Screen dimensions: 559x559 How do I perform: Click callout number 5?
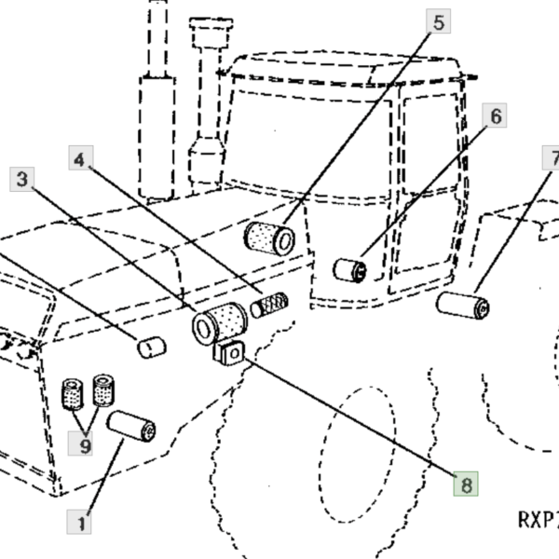click(438, 21)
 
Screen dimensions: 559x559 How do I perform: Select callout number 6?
click(495, 116)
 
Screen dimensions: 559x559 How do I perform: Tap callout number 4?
click(81, 157)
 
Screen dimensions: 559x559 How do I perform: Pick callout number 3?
click(22, 179)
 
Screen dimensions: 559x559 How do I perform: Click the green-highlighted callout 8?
click(466, 484)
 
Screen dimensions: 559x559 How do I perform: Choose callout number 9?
click(80, 443)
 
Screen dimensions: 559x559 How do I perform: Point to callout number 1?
click(79, 522)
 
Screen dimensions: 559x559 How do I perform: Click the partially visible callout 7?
click(551, 157)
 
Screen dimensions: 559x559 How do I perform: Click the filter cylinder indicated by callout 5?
click(269, 239)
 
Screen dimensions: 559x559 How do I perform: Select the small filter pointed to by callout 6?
click(350, 270)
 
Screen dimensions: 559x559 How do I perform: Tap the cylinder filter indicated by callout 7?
click(463, 306)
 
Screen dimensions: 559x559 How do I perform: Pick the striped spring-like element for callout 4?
click(269, 306)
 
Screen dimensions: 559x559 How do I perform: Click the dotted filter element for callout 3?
click(220, 324)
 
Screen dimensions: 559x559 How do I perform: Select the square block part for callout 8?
click(229, 353)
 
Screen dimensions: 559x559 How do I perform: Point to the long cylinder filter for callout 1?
click(131, 427)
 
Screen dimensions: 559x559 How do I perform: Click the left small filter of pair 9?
click(73, 394)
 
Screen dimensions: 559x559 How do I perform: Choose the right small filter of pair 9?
click(103, 390)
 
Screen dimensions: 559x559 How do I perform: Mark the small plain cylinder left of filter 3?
click(152, 348)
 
